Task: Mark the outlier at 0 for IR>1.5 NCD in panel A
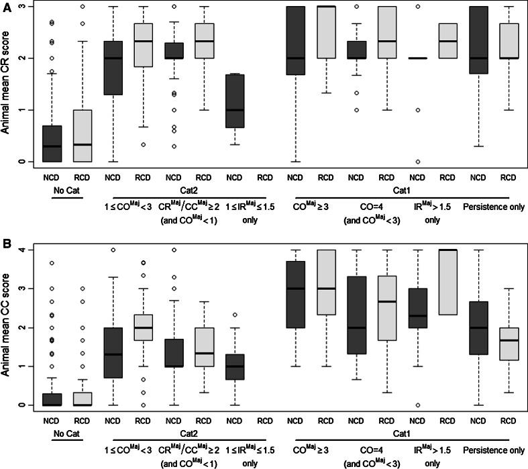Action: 418,162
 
